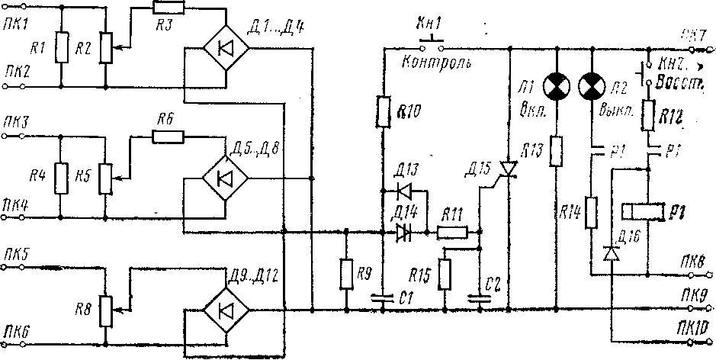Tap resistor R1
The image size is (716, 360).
(61, 50)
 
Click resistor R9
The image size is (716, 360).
(348, 272)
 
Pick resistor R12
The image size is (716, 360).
(648, 115)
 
